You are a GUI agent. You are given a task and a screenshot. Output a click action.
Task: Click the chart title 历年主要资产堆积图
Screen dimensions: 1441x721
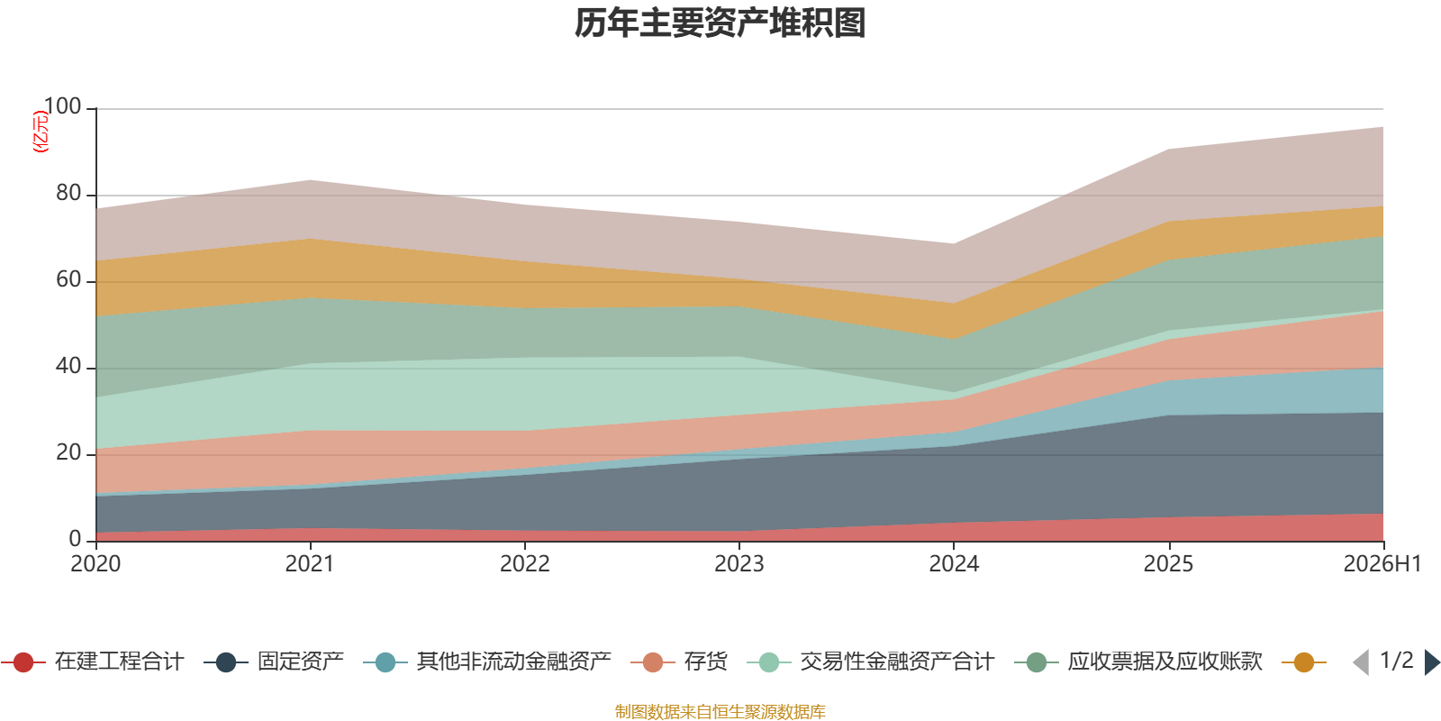(720, 23)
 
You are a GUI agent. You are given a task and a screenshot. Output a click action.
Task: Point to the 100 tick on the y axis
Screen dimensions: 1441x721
(62, 106)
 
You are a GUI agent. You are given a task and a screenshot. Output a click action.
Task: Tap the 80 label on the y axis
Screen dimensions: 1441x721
(68, 193)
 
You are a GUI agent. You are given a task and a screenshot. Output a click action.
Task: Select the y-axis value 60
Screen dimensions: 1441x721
(68, 279)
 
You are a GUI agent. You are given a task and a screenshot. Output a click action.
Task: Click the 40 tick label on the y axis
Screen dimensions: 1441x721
(68, 366)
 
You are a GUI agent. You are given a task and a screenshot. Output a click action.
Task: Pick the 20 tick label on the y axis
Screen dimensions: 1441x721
(68, 452)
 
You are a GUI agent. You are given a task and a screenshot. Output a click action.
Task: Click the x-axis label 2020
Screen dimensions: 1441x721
(95, 564)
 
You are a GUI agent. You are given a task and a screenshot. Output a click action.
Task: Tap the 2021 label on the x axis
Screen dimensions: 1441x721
(310, 564)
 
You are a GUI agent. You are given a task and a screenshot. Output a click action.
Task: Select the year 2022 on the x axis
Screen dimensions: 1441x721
(525, 564)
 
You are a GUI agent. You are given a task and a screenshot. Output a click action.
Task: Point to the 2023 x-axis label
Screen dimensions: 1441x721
(739, 564)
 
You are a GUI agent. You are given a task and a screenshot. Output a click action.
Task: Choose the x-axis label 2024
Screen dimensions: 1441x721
(954, 564)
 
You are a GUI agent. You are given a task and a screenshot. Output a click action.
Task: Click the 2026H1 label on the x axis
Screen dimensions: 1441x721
(1382, 564)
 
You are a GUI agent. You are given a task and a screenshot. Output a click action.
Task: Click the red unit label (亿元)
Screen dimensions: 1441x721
(41, 132)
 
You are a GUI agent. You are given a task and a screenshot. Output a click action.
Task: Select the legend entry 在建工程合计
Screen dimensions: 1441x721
(94, 662)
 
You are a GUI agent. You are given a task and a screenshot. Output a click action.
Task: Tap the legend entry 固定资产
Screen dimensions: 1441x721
(274, 662)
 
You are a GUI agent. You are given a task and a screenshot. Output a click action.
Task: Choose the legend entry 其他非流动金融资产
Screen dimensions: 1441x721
(487, 662)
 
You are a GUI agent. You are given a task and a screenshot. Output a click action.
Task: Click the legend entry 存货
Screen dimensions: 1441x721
(679, 662)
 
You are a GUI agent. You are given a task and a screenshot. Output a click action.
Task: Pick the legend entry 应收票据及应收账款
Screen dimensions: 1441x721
(1138, 662)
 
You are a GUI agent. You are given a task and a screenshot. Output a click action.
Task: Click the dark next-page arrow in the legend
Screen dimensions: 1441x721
(1432, 662)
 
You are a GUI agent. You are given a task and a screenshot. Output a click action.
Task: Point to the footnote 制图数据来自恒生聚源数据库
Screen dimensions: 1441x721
(720, 711)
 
